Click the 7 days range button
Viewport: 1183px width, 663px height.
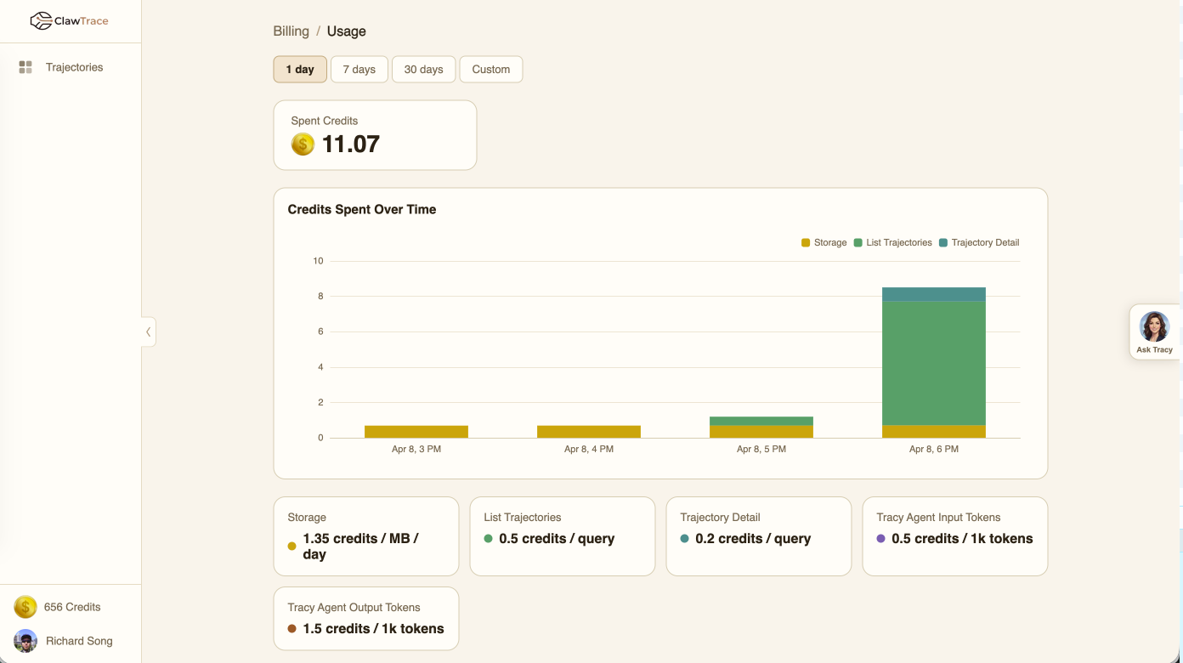tap(359, 70)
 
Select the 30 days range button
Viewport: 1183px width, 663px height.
tap(423, 70)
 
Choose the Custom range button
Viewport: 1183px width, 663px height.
tap(490, 70)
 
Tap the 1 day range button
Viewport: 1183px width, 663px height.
tap(300, 70)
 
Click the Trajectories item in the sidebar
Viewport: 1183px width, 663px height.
tap(74, 67)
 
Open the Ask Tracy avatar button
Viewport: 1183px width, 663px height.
tap(1154, 327)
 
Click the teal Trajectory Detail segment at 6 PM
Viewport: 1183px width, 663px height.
tap(933, 294)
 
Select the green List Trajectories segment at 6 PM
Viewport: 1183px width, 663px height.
tap(933, 363)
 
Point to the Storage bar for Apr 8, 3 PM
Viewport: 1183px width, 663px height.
tap(416, 432)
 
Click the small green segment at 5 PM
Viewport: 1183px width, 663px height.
tap(761, 421)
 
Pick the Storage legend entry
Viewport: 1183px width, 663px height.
tap(824, 242)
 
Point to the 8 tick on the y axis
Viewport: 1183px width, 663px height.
tap(320, 297)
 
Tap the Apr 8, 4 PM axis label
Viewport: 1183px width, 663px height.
tap(588, 449)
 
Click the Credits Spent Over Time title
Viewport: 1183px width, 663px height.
tap(361, 209)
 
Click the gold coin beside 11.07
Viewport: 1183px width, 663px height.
tap(303, 144)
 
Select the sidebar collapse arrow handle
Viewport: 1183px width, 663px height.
tap(149, 331)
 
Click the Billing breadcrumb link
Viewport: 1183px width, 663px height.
tap(291, 31)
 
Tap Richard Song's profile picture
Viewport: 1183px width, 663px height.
tap(25, 641)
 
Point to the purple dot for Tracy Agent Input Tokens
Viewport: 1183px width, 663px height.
tap(880, 539)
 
